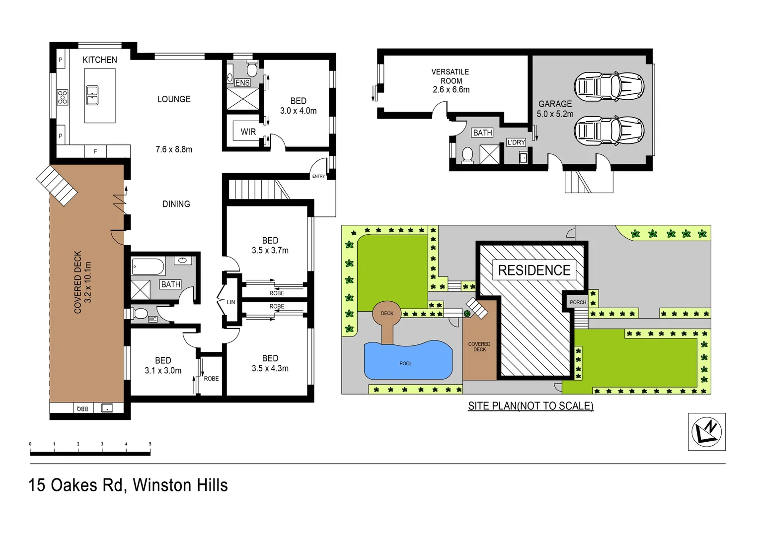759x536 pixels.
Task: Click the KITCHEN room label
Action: click(100, 60)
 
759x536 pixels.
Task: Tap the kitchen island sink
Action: click(92, 95)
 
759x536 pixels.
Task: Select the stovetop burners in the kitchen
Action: click(63, 97)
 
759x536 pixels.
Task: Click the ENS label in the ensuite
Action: click(242, 83)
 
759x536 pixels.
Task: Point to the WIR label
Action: click(248, 132)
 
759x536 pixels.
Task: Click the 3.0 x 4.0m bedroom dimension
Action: click(298, 111)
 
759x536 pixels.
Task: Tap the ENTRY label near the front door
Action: click(318, 176)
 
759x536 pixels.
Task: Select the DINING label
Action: click(176, 204)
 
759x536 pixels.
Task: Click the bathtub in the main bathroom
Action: click(148, 267)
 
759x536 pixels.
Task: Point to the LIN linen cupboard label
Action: click(231, 302)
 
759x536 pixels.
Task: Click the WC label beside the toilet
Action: click(152, 320)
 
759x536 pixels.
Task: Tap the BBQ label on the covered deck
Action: click(82, 408)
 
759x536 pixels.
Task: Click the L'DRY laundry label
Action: click(516, 142)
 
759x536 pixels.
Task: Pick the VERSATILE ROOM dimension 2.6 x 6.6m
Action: click(451, 90)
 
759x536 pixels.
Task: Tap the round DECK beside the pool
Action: click(387, 314)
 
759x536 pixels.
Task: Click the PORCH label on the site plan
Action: click(578, 302)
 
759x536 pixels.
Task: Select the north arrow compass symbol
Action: click(706, 431)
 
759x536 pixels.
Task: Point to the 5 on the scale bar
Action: click(150, 444)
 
